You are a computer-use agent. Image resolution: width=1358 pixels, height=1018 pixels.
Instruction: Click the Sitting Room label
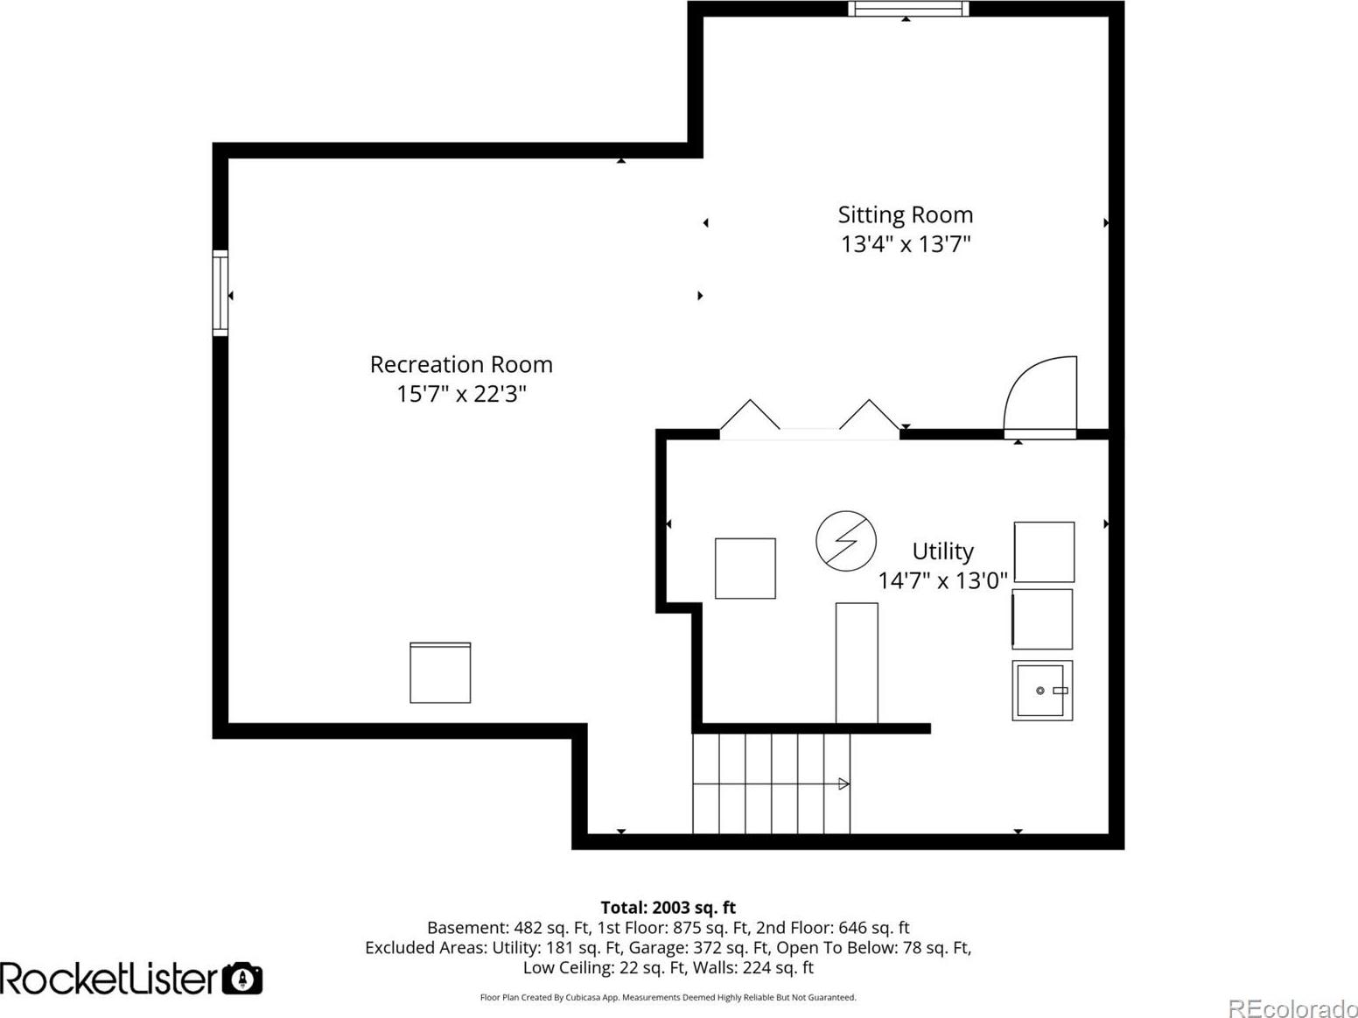coord(905,215)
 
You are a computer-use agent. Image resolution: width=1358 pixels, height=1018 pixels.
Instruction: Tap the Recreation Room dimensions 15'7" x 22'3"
coord(461,394)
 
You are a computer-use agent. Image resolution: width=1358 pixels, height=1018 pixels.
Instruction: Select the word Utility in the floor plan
coord(943,551)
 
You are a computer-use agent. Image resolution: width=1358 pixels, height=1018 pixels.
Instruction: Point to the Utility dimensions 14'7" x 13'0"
coord(943,580)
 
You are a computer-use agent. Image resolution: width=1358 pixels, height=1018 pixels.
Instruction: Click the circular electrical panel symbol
coord(846,541)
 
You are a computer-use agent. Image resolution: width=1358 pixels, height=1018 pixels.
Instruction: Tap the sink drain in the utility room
coord(1040,691)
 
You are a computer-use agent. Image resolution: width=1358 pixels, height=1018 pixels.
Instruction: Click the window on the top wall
coord(907,9)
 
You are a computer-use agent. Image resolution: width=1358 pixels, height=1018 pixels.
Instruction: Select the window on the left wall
coord(220,292)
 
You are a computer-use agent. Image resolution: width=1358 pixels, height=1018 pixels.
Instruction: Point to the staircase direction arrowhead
coord(843,784)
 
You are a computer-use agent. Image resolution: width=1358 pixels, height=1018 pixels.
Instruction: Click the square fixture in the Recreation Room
coord(440,672)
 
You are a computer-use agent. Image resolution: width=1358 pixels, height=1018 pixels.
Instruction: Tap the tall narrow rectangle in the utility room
coord(857,663)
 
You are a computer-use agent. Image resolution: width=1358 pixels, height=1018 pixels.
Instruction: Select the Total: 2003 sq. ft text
coord(668,907)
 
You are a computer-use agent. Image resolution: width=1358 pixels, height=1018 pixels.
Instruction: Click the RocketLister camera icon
coord(241,979)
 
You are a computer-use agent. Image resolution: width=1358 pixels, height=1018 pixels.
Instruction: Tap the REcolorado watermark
coord(1292,1007)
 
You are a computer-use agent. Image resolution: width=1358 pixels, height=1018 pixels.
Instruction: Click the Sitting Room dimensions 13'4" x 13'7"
coord(905,244)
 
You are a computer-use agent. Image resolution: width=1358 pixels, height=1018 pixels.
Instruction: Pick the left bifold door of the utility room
coord(750,414)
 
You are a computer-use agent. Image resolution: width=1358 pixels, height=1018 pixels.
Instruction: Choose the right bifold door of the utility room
coord(869,414)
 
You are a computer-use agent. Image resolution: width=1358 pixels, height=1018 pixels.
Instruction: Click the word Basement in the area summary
coord(467,928)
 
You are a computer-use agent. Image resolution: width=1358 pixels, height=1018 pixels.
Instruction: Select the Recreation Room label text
coord(461,364)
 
